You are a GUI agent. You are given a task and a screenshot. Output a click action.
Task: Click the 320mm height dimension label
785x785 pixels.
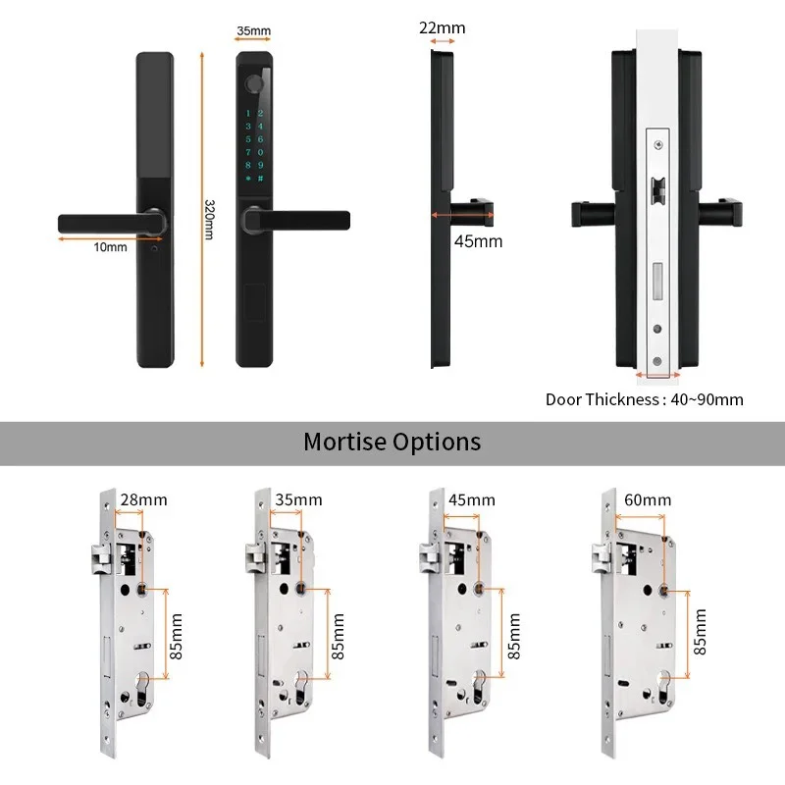[209, 220]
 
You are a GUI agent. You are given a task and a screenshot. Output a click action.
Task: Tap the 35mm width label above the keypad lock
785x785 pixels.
[254, 30]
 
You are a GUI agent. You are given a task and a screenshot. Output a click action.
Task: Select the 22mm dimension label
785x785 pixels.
[443, 28]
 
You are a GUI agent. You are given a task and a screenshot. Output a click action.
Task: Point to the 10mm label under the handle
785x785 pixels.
[110, 247]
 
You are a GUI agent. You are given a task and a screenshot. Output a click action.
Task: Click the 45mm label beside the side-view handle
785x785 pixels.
[478, 241]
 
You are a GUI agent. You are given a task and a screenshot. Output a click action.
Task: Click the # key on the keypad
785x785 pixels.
[260, 179]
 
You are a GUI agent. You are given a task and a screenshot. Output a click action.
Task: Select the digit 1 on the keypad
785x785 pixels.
[248, 113]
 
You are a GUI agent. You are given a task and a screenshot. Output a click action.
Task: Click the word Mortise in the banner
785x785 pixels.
[345, 443]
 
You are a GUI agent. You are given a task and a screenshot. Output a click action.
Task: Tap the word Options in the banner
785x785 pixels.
[437, 444]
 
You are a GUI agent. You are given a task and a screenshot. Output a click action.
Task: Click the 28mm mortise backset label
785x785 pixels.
[143, 499]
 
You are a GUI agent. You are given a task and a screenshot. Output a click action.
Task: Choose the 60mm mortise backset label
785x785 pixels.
[648, 499]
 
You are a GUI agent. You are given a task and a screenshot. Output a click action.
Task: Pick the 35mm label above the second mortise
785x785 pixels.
[298, 499]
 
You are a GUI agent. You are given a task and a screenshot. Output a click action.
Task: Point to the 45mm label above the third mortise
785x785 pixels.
[472, 499]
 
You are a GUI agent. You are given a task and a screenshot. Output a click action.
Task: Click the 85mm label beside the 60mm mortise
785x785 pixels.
[700, 632]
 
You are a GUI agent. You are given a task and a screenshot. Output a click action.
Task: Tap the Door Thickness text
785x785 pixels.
[602, 399]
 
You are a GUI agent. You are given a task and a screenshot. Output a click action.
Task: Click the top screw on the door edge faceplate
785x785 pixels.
[658, 145]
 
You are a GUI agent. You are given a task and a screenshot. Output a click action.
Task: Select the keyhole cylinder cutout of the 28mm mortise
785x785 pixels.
[142, 689]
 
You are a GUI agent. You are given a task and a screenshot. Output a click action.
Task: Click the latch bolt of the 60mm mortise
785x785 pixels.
[601, 557]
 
